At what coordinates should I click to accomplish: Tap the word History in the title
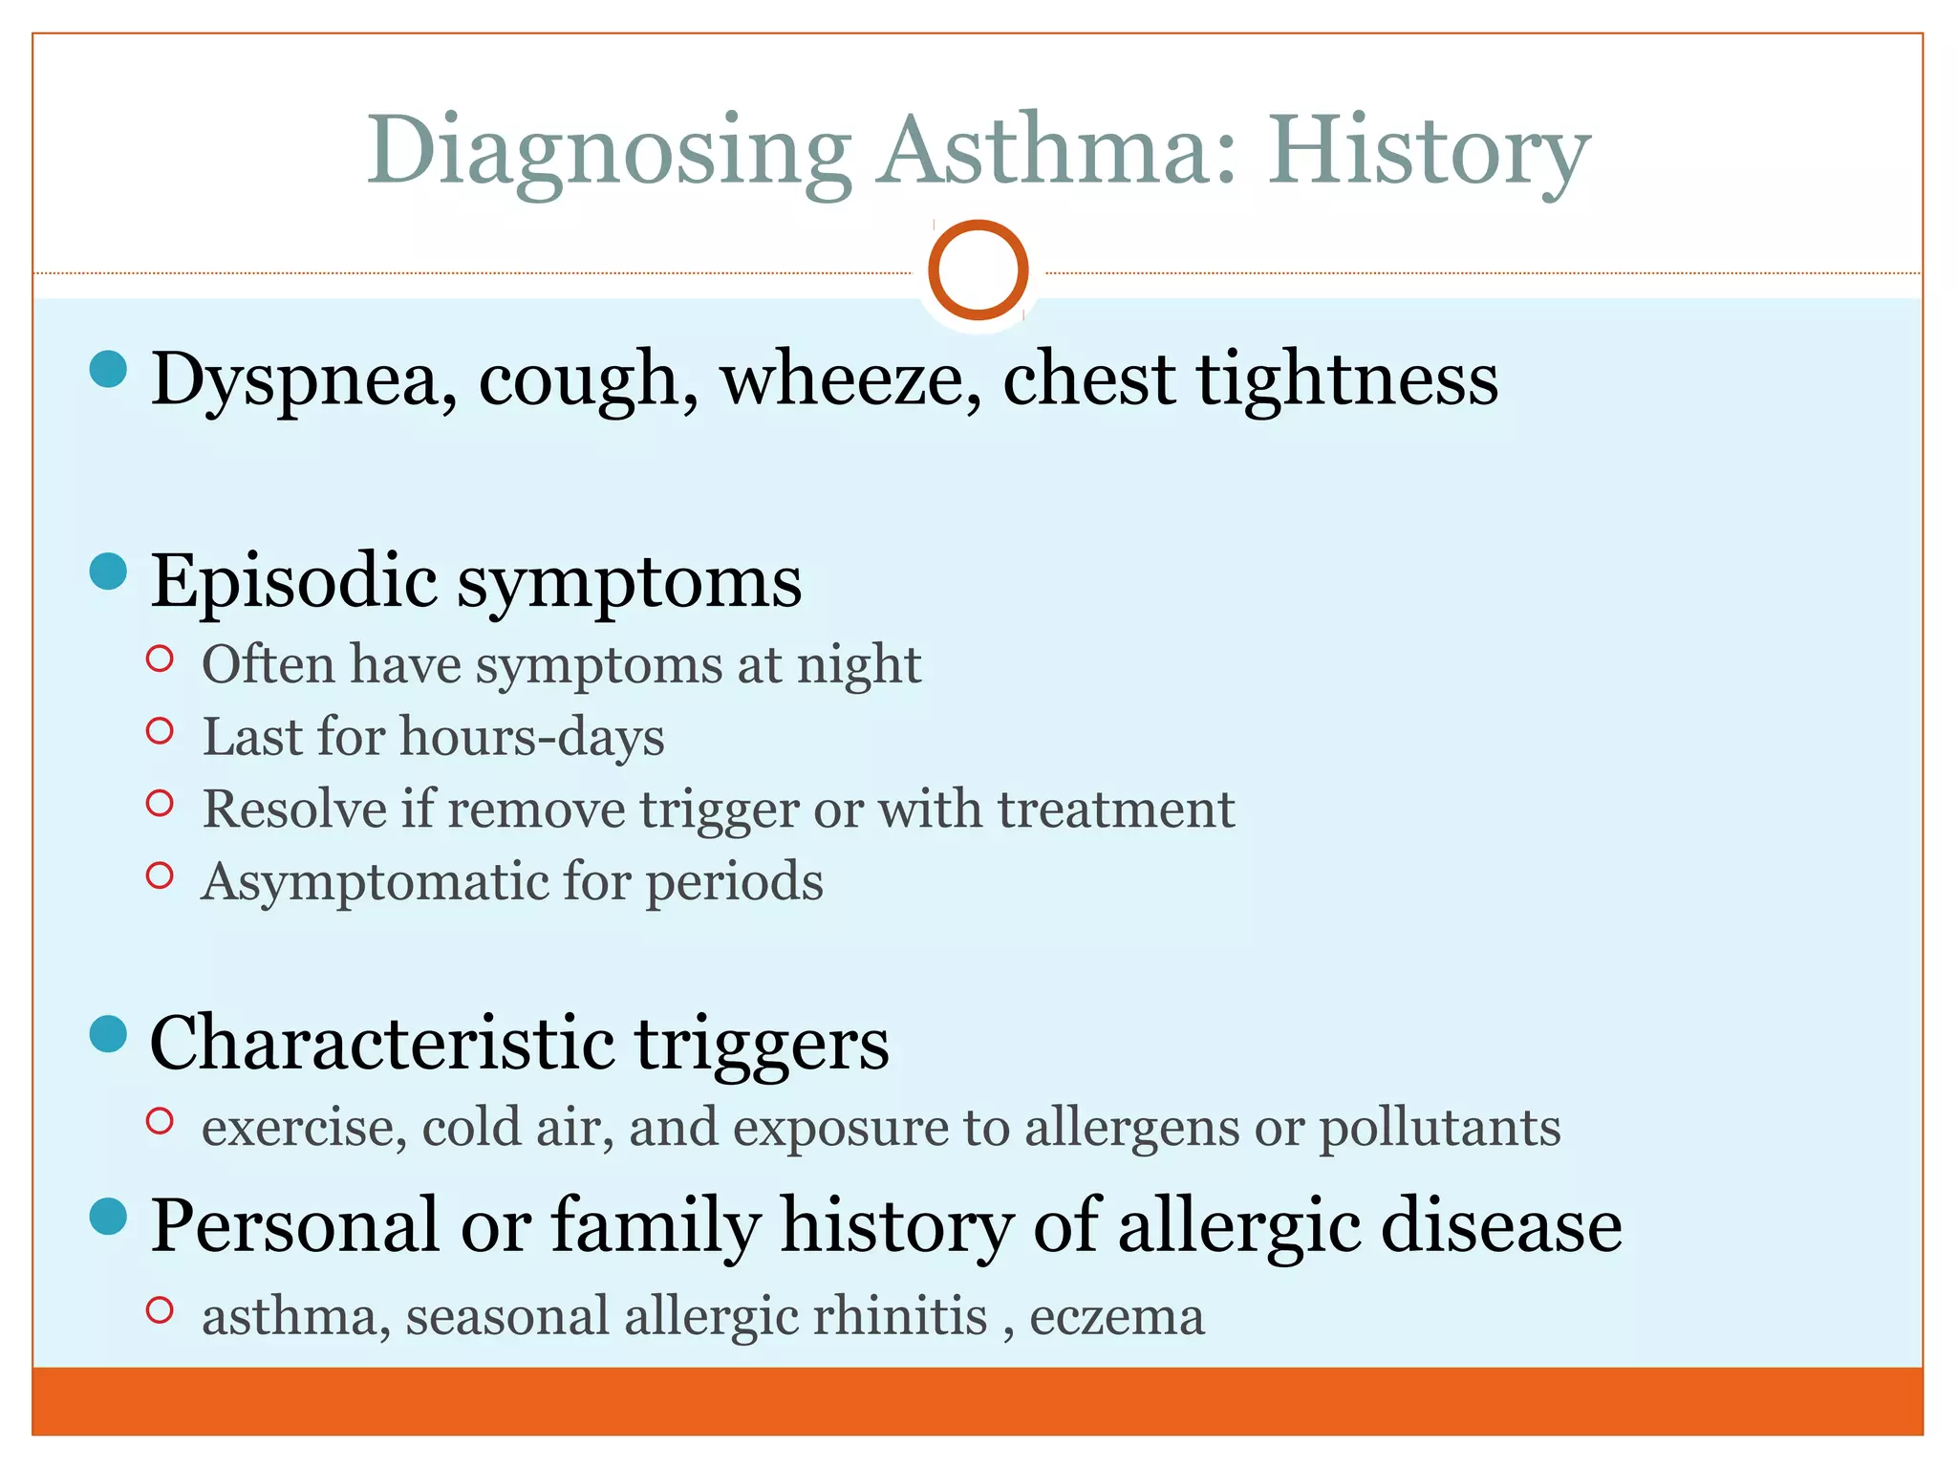click(x=1430, y=153)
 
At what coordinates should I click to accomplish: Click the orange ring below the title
click(x=978, y=270)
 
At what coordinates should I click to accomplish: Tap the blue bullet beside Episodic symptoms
click(x=109, y=572)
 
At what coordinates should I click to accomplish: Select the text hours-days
click(x=532, y=738)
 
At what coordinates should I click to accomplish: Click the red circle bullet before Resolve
click(x=160, y=804)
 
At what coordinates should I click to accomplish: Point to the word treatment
click(x=1116, y=810)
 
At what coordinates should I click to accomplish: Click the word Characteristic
click(x=382, y=1043)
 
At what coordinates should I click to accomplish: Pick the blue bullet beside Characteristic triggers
click(x=109, y=1034)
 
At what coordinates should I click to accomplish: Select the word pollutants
click(x=1440, y=1128)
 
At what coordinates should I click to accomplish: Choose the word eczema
click(x=1117, y=1317)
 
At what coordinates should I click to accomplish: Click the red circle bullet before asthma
click(x=160, y=1310)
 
